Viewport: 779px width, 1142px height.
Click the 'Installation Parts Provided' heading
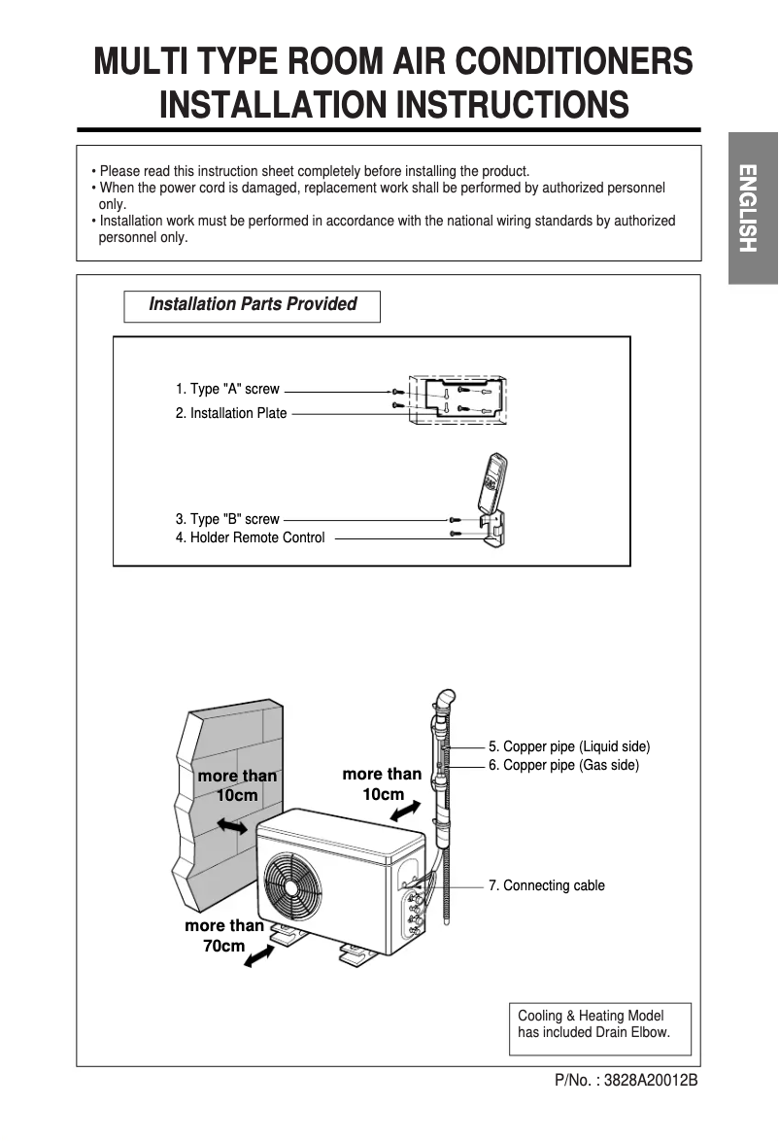pos(252,305)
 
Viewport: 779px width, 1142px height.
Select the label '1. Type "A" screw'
pos(227,389)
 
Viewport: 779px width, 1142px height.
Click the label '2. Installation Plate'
pos(231,413)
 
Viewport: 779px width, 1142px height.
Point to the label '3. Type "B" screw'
pos(227,519)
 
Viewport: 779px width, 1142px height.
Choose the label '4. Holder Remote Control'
pos(251,537)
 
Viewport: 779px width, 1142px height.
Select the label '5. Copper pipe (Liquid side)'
pos(569,746)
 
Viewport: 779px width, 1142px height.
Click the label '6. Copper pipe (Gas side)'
pos(563,766)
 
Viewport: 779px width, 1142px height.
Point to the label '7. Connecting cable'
pos(547,885)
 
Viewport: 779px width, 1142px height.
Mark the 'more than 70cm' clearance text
pos(224,935)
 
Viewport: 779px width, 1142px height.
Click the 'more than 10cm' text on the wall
pos(237,785)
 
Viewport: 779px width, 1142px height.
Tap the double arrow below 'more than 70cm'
pos(259,959)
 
